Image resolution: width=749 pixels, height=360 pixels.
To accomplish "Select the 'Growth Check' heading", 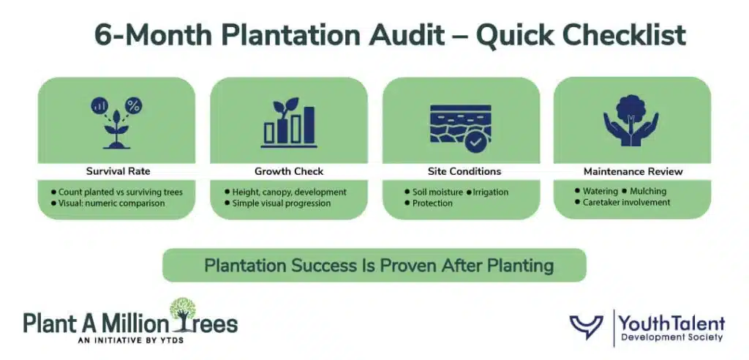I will point(288,171).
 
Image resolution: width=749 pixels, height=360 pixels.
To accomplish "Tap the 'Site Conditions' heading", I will point(464,171).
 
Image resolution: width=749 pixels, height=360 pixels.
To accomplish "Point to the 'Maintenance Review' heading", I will point(633,171).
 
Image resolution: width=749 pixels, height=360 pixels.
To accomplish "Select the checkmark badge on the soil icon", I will point(476,141).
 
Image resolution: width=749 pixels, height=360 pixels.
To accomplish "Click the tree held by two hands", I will point(631,113).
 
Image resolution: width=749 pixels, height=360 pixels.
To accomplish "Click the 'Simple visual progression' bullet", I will point(281,203).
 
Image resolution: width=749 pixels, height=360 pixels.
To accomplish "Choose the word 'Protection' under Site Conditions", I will point(432,203).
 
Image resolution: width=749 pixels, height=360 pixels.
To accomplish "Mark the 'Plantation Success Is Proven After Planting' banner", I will point(374,265).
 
